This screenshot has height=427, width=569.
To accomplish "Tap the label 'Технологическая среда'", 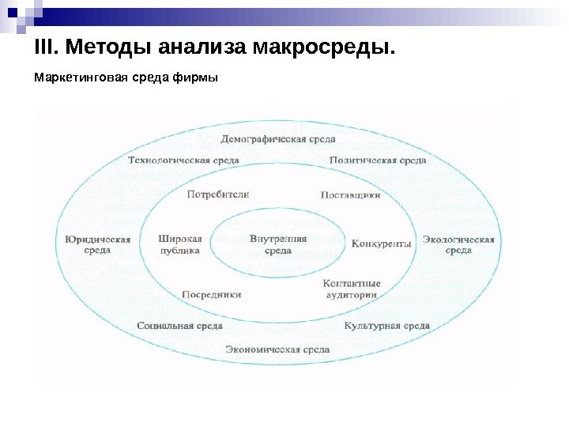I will coord(183,160).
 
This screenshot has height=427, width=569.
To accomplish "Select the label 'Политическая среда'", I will coord(378,160).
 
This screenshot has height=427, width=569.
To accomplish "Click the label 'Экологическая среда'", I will coord(458,244).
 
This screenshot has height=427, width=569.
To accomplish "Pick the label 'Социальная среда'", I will coord(179,325).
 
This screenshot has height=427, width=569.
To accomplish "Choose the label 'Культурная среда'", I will coord(387,325).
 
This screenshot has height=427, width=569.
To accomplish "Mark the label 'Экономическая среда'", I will coord(277,349).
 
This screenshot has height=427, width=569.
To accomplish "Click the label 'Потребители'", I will coord(219,194).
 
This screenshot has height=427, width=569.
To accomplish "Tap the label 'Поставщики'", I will coord(351,194).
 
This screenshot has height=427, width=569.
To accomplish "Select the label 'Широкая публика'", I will coord(180,244).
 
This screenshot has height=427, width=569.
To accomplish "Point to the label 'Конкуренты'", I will coord(382,244).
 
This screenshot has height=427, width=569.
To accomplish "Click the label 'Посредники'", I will coord(212,294).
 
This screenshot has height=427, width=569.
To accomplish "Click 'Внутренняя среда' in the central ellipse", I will coord(278,244).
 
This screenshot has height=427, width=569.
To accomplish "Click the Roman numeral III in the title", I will coord(46,49).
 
